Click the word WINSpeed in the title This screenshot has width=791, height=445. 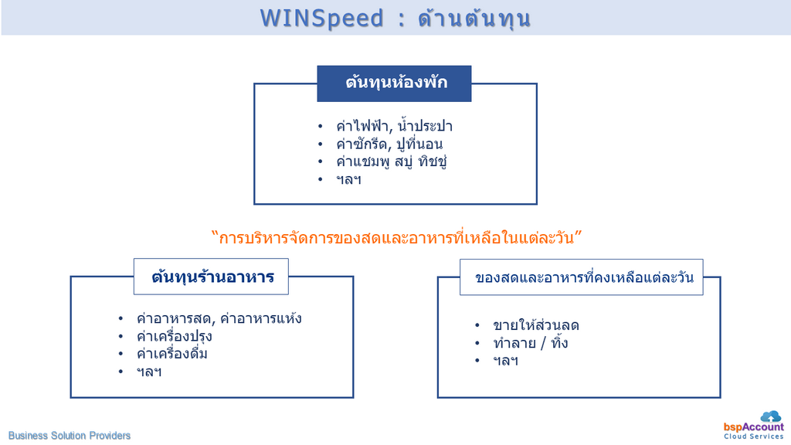coord(322,19)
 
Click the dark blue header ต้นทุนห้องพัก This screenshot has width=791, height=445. coord(394,83)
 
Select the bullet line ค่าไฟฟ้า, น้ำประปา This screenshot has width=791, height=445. coord(394,126)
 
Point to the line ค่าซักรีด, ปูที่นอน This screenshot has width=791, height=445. coord(389,144)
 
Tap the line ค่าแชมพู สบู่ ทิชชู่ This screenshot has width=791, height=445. coord(392,161)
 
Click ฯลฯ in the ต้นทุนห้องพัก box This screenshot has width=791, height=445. coord(348,179)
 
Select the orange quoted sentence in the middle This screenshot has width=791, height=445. coord(396,237)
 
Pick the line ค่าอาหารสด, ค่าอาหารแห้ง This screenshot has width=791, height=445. coord(219,318)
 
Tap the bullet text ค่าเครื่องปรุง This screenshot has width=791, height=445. coord(174,337)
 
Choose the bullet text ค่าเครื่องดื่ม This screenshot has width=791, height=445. coord(172,354)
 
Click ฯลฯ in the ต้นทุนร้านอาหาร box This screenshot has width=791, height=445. coord(149,372)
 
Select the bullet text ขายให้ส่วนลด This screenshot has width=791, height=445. coord(536,325)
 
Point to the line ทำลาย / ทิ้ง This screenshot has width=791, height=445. coord(531,343)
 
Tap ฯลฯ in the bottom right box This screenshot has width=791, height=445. coord(505,361)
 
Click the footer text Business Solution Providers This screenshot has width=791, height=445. coord(69,436)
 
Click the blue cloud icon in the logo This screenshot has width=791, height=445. coord(770,416)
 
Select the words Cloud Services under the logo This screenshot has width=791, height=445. coord(754,437)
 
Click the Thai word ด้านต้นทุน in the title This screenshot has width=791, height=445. coord(474,19)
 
